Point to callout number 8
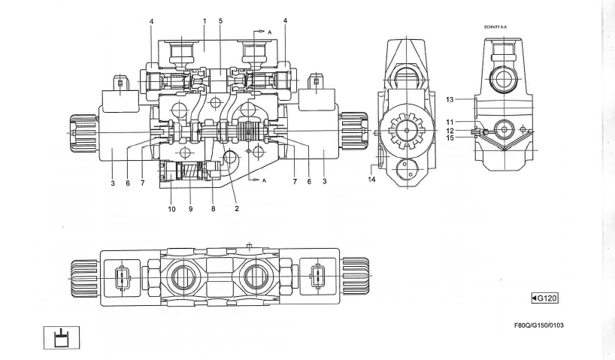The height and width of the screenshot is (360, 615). [x=213, y=210]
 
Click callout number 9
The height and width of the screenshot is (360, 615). [x=192, y=210]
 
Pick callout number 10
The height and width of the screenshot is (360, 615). [x=171, y=210]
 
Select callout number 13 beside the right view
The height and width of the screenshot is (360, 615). [x=467, y=98]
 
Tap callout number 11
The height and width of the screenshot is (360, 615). [x=467, y=120]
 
